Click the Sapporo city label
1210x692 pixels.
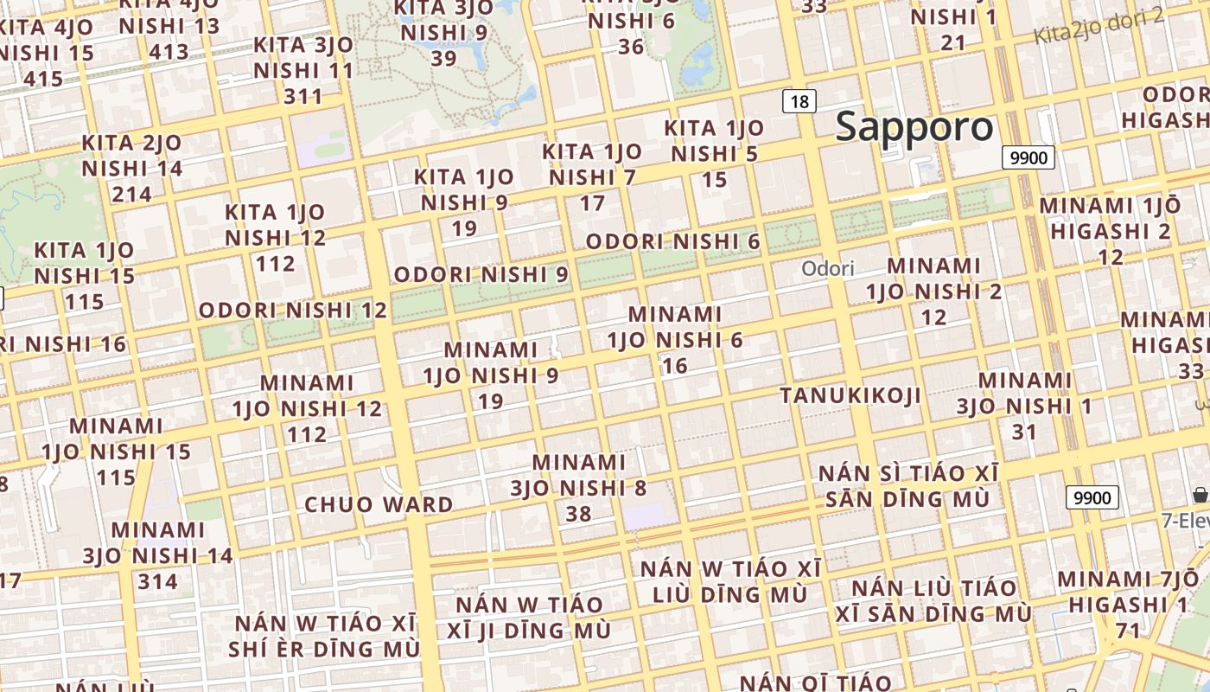click(x=914, y=126)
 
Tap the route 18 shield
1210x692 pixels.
click(x=799, y=101)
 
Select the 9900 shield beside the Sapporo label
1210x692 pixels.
click(x=1028, y=157)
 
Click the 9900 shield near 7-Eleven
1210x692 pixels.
click(x=1092, y=497)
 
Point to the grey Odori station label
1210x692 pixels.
click(x=827, y=268)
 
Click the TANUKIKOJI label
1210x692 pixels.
click(x=850, y=395)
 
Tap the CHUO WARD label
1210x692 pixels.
click(x=379, y=504)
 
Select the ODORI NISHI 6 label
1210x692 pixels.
click(x=673, y=241)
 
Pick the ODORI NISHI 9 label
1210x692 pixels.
click(x=481, y=274)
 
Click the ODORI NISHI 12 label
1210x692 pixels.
click(x=293, y=310)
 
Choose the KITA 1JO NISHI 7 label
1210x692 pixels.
click(x=592, y=177)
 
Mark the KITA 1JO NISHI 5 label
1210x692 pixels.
click(x=714, y=154)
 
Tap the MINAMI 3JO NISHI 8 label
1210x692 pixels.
click(x=578, y=488)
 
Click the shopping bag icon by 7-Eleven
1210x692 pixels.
click(x=1200, y=495)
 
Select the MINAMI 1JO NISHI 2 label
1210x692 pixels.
click(x=934, y=291)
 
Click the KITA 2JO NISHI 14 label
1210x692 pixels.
click(x=132, y=168)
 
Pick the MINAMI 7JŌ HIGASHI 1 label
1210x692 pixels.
click(x=1128, y=604)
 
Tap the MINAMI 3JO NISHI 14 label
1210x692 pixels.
click(x=158, y=555)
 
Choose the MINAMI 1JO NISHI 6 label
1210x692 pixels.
click(x=674, y=339)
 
